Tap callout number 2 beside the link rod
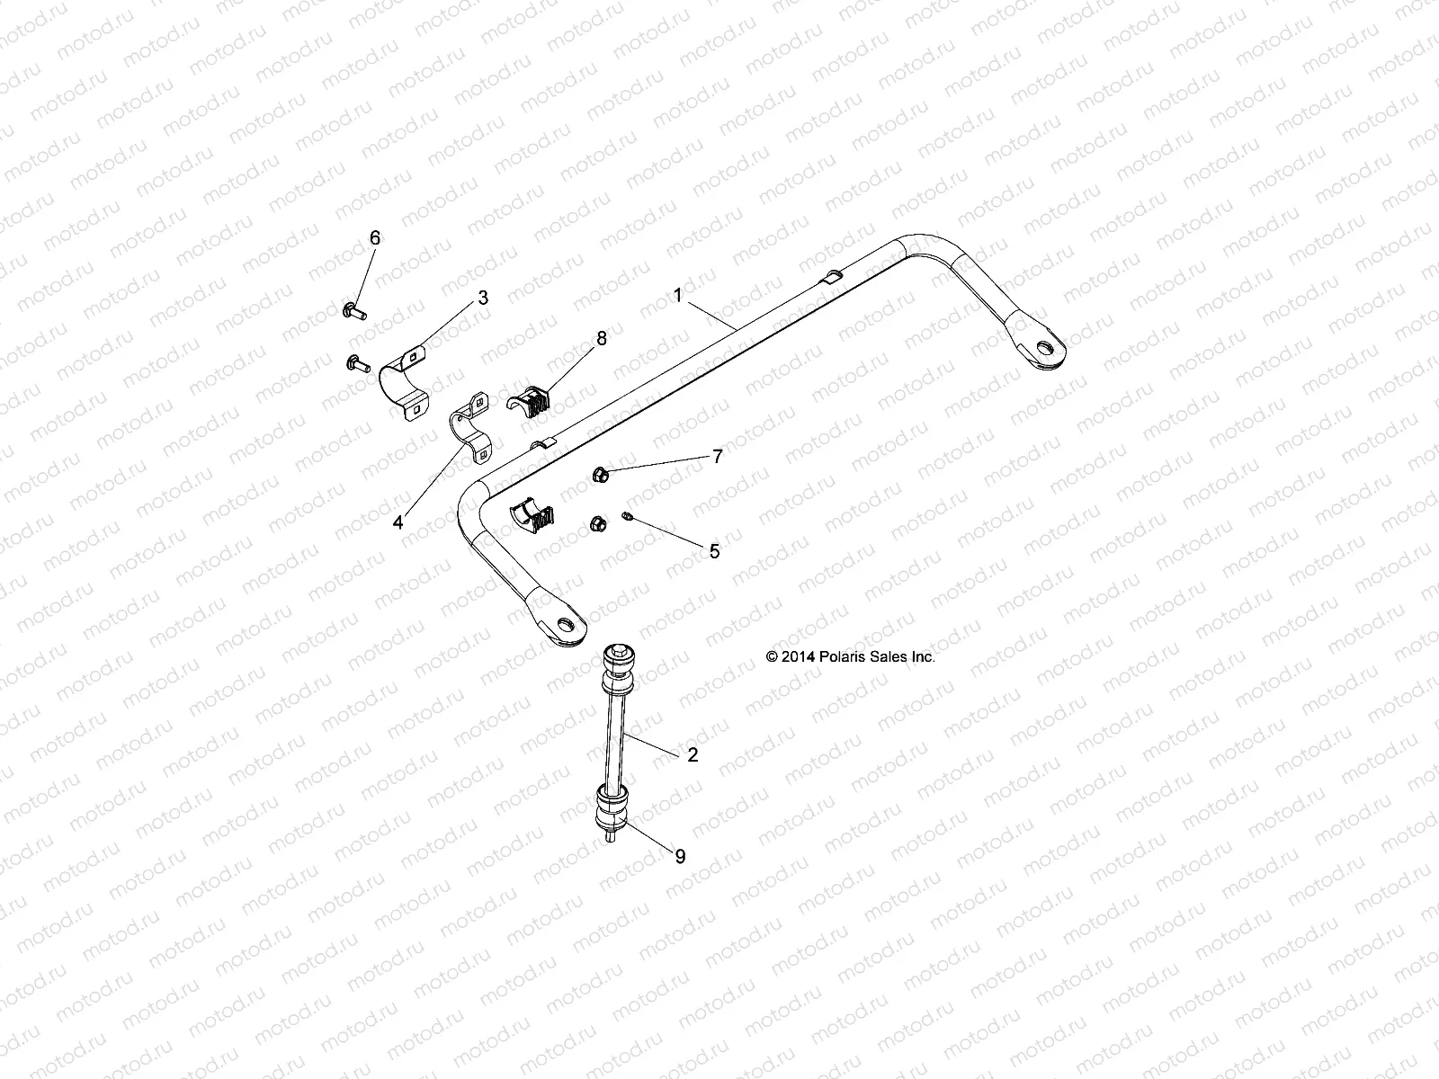pyautogui.click(x=692, y=755)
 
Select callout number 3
pyautogui.click(x=483, y=299)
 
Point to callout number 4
pyautogui.click(x=398, y=522)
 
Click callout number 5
pyautogui.click(x=714, y=551)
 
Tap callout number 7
pyautogui.click(x=717, y=457)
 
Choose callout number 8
pyautogui.click(x=601, y=338)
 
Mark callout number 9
pyautogui.click(x=680, y=857)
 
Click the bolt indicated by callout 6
pyautogui.click(x=352, y=311)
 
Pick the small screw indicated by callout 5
pyautogui.click(x=629, y=517)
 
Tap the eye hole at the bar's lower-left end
pyautogui.click(x=566, y=626)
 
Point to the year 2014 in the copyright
pyautogui.click(x=797, y=657)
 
